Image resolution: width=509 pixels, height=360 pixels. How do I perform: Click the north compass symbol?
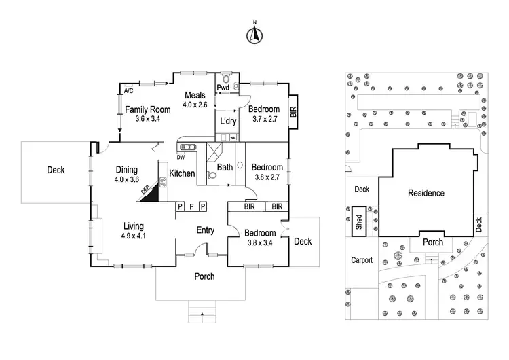pyautogui.click(x=254, y=35)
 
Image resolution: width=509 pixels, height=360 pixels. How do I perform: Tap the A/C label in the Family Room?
pyautogui.click(x=128, y=90)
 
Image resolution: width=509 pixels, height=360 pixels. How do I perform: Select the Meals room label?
pyautogui.click(x=195, y=95)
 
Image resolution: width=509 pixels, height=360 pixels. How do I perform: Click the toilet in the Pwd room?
pyautogui.click(x=226, y=78)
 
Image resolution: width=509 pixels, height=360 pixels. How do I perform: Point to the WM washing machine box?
pyautogui.click(x=233, y=137)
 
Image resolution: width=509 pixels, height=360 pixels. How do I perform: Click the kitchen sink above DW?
pyautogui.click(x=188, y=147)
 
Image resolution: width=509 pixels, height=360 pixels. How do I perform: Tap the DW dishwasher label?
pyautogui.click(x=181, y=158)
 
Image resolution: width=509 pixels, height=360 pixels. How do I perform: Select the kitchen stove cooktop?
pyautogui.click(x=163, y=182)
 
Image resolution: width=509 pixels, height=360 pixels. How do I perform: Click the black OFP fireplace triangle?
pyautogui.click(x=151, y=194)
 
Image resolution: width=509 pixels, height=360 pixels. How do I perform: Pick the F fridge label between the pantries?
pyautogui.click(x=192, y=206)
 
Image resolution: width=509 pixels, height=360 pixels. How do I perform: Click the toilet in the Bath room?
pyautogui.click(x=212, y=175)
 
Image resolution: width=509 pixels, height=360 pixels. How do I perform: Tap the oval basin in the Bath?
pyautogui.click(x=240, y=165)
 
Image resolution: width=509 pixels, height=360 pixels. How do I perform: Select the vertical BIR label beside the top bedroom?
pyautogui.click(x=293, y=112)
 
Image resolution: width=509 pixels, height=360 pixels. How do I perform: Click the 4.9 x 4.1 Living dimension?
pyautogui.click(x=134, y=236)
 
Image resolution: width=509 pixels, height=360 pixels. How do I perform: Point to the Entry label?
pyautogui.click(x=206, y=230)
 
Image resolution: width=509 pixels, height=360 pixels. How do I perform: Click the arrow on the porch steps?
pyautogui.click(x=202, y=314)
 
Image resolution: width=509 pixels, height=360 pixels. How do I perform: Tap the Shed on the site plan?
pyautogui.click(x=359, y=221)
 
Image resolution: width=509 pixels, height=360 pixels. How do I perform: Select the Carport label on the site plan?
pyautogui.click(x=362, y=260)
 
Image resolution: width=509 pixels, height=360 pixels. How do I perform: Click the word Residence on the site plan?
pyautogui.click(x=426, y=193)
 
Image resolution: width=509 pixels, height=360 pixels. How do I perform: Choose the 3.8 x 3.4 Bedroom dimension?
pyautogui.click(x=260, y=242)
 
